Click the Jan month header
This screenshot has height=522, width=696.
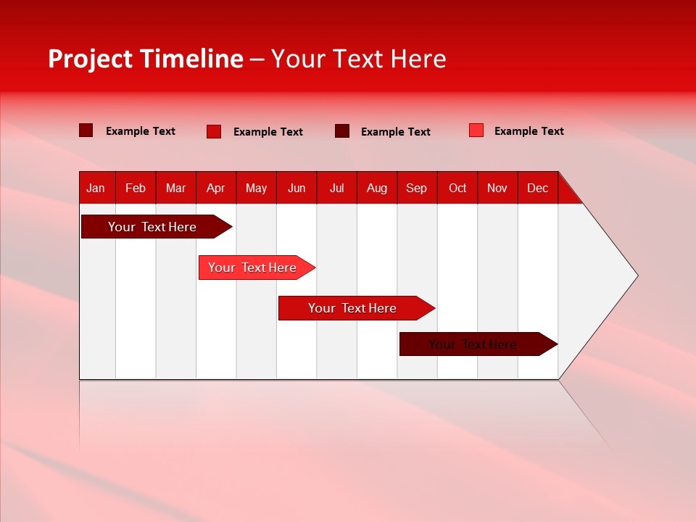(x=96, y=188)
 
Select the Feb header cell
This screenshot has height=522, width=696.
(x=136, y=188)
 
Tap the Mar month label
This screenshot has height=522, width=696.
(x=175, y=188)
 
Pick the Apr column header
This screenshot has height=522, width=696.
(x=216, y=188)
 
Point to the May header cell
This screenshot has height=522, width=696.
(x=256, y=188)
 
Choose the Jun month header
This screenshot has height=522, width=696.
(x=297, y=188)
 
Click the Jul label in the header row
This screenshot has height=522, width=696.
(x=336, y=188)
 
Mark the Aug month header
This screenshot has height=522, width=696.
(x=377, y=188)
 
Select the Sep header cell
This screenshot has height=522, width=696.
(x=417, y=188)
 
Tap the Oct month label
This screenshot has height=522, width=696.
(x=457, y=188)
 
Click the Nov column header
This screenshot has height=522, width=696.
(x=497, y=188)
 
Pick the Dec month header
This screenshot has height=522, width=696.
(x=538, y=188)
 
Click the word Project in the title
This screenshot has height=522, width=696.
(x=90, y=59)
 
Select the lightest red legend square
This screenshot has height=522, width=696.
(x=476, y=130)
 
